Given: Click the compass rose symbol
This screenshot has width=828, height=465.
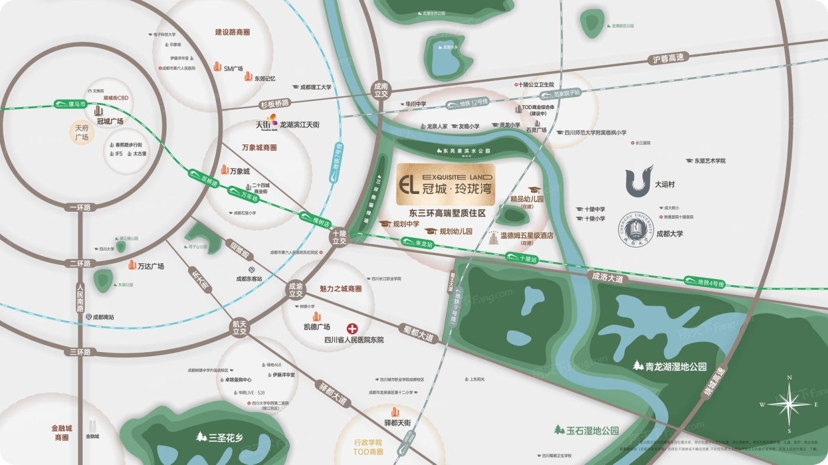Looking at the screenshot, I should pyautogui.click(x=789, y=404).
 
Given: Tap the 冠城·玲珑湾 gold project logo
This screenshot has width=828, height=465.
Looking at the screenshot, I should pyautogui.click(x=445, y=185).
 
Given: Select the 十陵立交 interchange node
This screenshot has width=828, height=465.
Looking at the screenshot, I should pyautogui.click(x=339, y=237).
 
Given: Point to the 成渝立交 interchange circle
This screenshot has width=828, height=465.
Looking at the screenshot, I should pyautogui.click(x=295, y=289).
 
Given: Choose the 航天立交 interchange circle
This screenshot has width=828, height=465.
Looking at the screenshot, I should pyautogui.click(x=239, y=328).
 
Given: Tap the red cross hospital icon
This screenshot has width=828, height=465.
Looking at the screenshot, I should pyautogui.click(x=352, y=328).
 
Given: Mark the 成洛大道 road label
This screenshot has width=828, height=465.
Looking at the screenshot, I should pyautogui.click(x=607, y=276).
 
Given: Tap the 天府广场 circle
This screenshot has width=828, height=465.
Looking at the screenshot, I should pyautogui.click(x=82, y=133).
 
